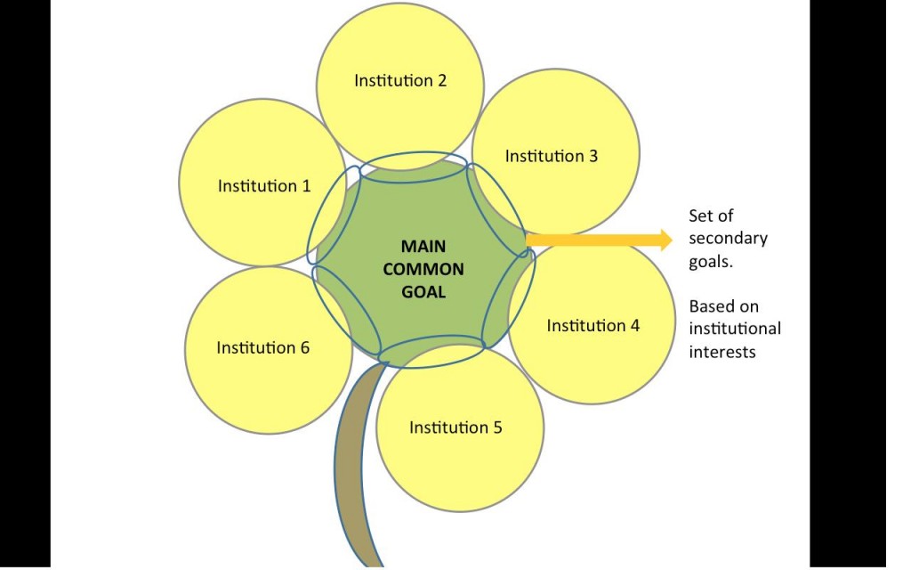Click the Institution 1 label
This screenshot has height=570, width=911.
[x=264, y=186]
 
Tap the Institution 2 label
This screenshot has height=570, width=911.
[x=400, y=80]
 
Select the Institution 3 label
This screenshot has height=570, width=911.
[x=552, y=156]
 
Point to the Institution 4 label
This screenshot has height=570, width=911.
[x=593, y=325]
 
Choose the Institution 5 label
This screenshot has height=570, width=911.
[x=455, y=427]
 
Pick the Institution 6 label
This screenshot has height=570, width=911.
[x=262, y=347]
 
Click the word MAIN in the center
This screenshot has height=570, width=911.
[x=423, y=247]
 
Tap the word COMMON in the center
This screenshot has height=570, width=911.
[x=423, y=269]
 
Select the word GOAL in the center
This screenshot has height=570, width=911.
[x=423, y=291]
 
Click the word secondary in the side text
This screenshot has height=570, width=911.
[x=728, y=239]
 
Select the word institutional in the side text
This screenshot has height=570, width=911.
[x=735, y=329]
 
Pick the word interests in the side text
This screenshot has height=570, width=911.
[x=722, y=352]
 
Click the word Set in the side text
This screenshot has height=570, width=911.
[x=699, y=216]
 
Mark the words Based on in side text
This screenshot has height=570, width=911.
[x=724, y=306]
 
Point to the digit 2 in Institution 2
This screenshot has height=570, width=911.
[x=441, y=80]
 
